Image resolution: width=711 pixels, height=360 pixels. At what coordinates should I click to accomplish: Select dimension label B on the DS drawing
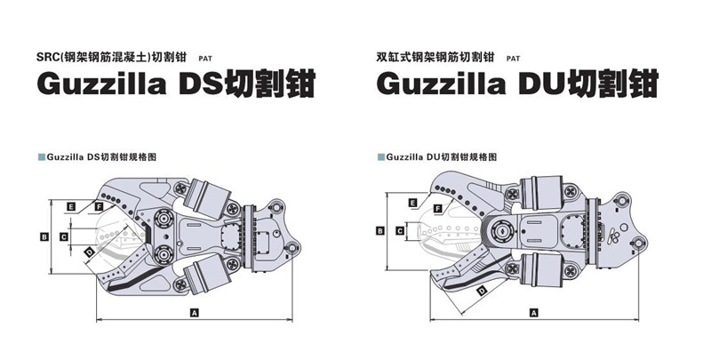pos(44,236)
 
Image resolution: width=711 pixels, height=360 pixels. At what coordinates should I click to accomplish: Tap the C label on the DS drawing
pos(63,236)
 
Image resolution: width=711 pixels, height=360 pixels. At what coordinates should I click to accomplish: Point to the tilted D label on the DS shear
pos(89,255)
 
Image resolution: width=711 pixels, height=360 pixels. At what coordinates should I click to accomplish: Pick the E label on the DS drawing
pos(69,206)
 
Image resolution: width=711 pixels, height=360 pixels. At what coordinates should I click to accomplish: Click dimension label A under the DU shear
pos(533,313)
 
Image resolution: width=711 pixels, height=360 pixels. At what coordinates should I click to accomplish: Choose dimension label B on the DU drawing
pos(380,230)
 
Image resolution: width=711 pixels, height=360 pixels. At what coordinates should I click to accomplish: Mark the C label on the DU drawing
pos(400,230)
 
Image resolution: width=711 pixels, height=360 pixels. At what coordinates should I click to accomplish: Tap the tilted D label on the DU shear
pos(481,291)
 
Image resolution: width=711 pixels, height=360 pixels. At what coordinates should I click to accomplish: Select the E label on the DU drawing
pos(413,204)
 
